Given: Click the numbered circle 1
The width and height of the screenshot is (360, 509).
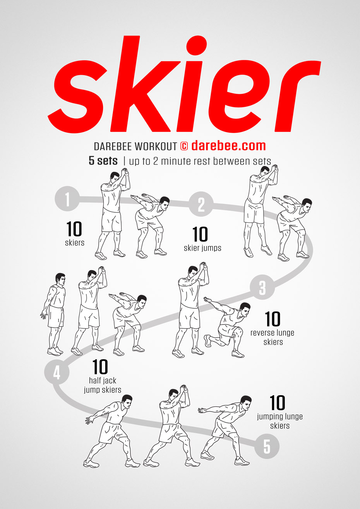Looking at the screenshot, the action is pyautogui.click(x=67, y=199).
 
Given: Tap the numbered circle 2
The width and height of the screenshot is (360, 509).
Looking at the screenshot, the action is pyautogui.click(x=201, y=204).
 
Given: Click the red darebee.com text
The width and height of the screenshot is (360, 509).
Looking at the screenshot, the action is pyautogui.click(x=228, y=146).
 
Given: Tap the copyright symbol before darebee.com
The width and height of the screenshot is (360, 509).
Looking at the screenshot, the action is pyautogui.click(x=184, y=146).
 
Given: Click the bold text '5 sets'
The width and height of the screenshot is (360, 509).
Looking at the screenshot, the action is pyautogui.click(x=103, y=161).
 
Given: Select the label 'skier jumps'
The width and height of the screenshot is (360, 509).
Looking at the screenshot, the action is pyautogui.click(x=202, y=248).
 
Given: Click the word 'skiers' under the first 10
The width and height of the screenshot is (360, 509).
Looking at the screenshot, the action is pyautogui.click(x=75, y=243).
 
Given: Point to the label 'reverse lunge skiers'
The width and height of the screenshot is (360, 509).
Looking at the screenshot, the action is pyautogui.click(x=273, y=337).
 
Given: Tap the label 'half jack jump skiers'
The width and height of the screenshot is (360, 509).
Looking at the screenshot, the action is pyautogui.click(x=103, y=385).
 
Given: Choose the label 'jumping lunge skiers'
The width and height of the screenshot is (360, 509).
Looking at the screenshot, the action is pyautogui.click(x=280, y=421).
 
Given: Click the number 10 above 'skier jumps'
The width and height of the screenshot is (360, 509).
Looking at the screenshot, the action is pyautogui.click(x=200, y=234).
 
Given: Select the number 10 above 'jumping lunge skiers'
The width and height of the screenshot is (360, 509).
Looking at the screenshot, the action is pyautogui.click(x=278, y=403).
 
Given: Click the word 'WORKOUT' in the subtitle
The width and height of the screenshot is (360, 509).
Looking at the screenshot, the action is pyautogui.click(x=156, y=147).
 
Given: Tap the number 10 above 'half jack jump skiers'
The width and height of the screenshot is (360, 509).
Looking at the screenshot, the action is pyautogui.click(x=100, y=367).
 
